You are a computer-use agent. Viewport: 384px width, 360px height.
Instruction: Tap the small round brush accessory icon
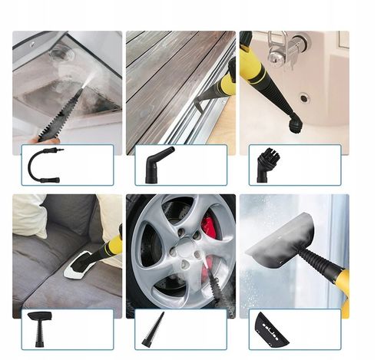point(263,163)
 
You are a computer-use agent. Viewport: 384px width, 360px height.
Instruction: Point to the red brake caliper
point(210,230)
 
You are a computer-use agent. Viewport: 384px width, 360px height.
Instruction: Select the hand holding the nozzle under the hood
point(48,140)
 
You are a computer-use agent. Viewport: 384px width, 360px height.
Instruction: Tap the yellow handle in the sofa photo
point(113,246)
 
